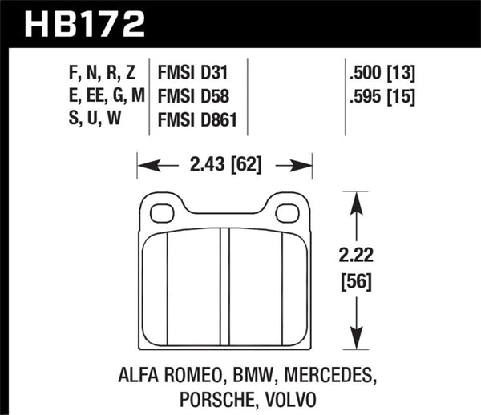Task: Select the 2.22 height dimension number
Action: point(355,258)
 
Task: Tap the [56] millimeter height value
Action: point(355,281)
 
